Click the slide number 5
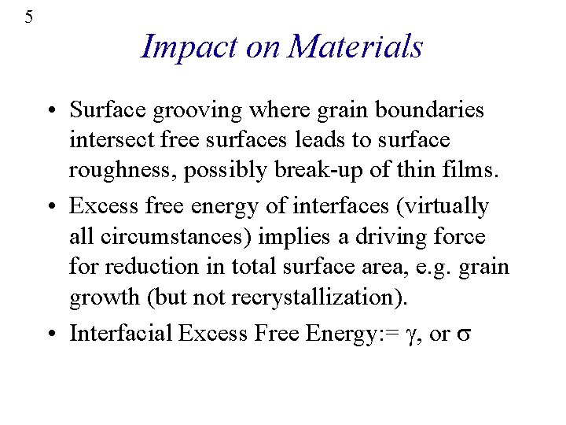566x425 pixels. pos(29,17)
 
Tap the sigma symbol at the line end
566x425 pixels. pos(464,334)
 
